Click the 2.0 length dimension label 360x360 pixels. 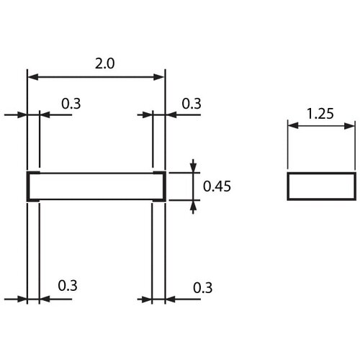click(x=104, y=63)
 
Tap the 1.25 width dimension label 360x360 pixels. click(x=320, y=114)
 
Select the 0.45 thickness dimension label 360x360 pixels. click(x=217, y=186)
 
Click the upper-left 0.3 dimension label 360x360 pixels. click(x=71, y=104)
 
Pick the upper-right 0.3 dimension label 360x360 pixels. click(x=192, y=104)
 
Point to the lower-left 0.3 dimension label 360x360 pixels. click(x=68, y=286)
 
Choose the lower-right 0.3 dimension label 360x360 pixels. click(x=203, y=288)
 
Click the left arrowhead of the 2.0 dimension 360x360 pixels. click(x=33, y=77)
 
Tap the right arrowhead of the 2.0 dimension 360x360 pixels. click(x=159, y=77)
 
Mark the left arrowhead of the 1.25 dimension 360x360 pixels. click(x=293, y=125)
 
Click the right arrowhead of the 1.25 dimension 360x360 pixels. click(x=349, y=125)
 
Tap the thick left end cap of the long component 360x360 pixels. click(x=29, y=186)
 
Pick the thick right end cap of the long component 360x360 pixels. click(x=164, y=186)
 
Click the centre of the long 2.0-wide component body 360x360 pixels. click(x=96, y=186)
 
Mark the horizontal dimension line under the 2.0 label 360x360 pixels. click(x=96, y=77)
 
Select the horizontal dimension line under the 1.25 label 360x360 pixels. click(x=321, y=125)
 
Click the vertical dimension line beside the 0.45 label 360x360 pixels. click(x=193, y=186)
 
